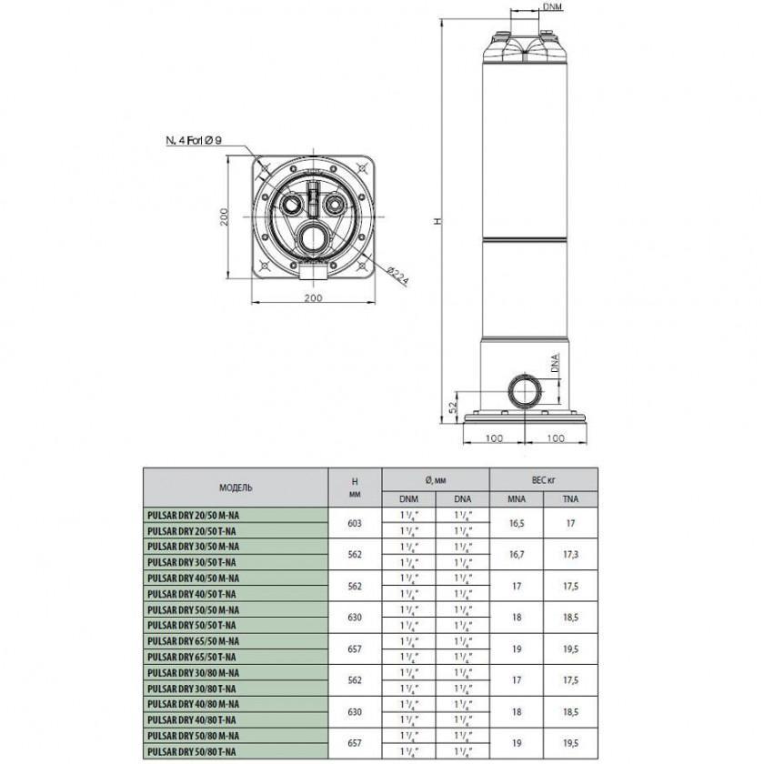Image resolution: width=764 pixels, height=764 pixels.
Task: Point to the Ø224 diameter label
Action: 396,276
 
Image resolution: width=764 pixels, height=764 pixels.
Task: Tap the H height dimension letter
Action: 438,221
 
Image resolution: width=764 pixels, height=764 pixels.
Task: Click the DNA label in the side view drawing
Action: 554,366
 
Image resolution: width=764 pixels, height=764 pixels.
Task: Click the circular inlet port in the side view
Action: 525,392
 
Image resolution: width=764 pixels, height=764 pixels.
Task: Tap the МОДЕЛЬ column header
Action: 236,487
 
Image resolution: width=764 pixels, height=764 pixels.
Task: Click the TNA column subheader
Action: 569,498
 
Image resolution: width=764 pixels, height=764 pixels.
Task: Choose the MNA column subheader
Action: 516,498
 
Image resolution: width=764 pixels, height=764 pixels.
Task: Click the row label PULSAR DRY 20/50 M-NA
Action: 193,515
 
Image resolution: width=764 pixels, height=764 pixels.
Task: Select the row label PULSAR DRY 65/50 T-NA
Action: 192,657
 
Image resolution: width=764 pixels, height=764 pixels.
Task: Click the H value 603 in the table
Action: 356,523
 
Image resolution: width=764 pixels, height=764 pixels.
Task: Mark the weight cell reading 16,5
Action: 516,523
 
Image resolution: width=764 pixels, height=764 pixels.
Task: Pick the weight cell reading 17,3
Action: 569,554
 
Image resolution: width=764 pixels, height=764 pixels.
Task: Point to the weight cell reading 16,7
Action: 516,554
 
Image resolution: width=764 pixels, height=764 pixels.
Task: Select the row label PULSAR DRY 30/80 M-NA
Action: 193,672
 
